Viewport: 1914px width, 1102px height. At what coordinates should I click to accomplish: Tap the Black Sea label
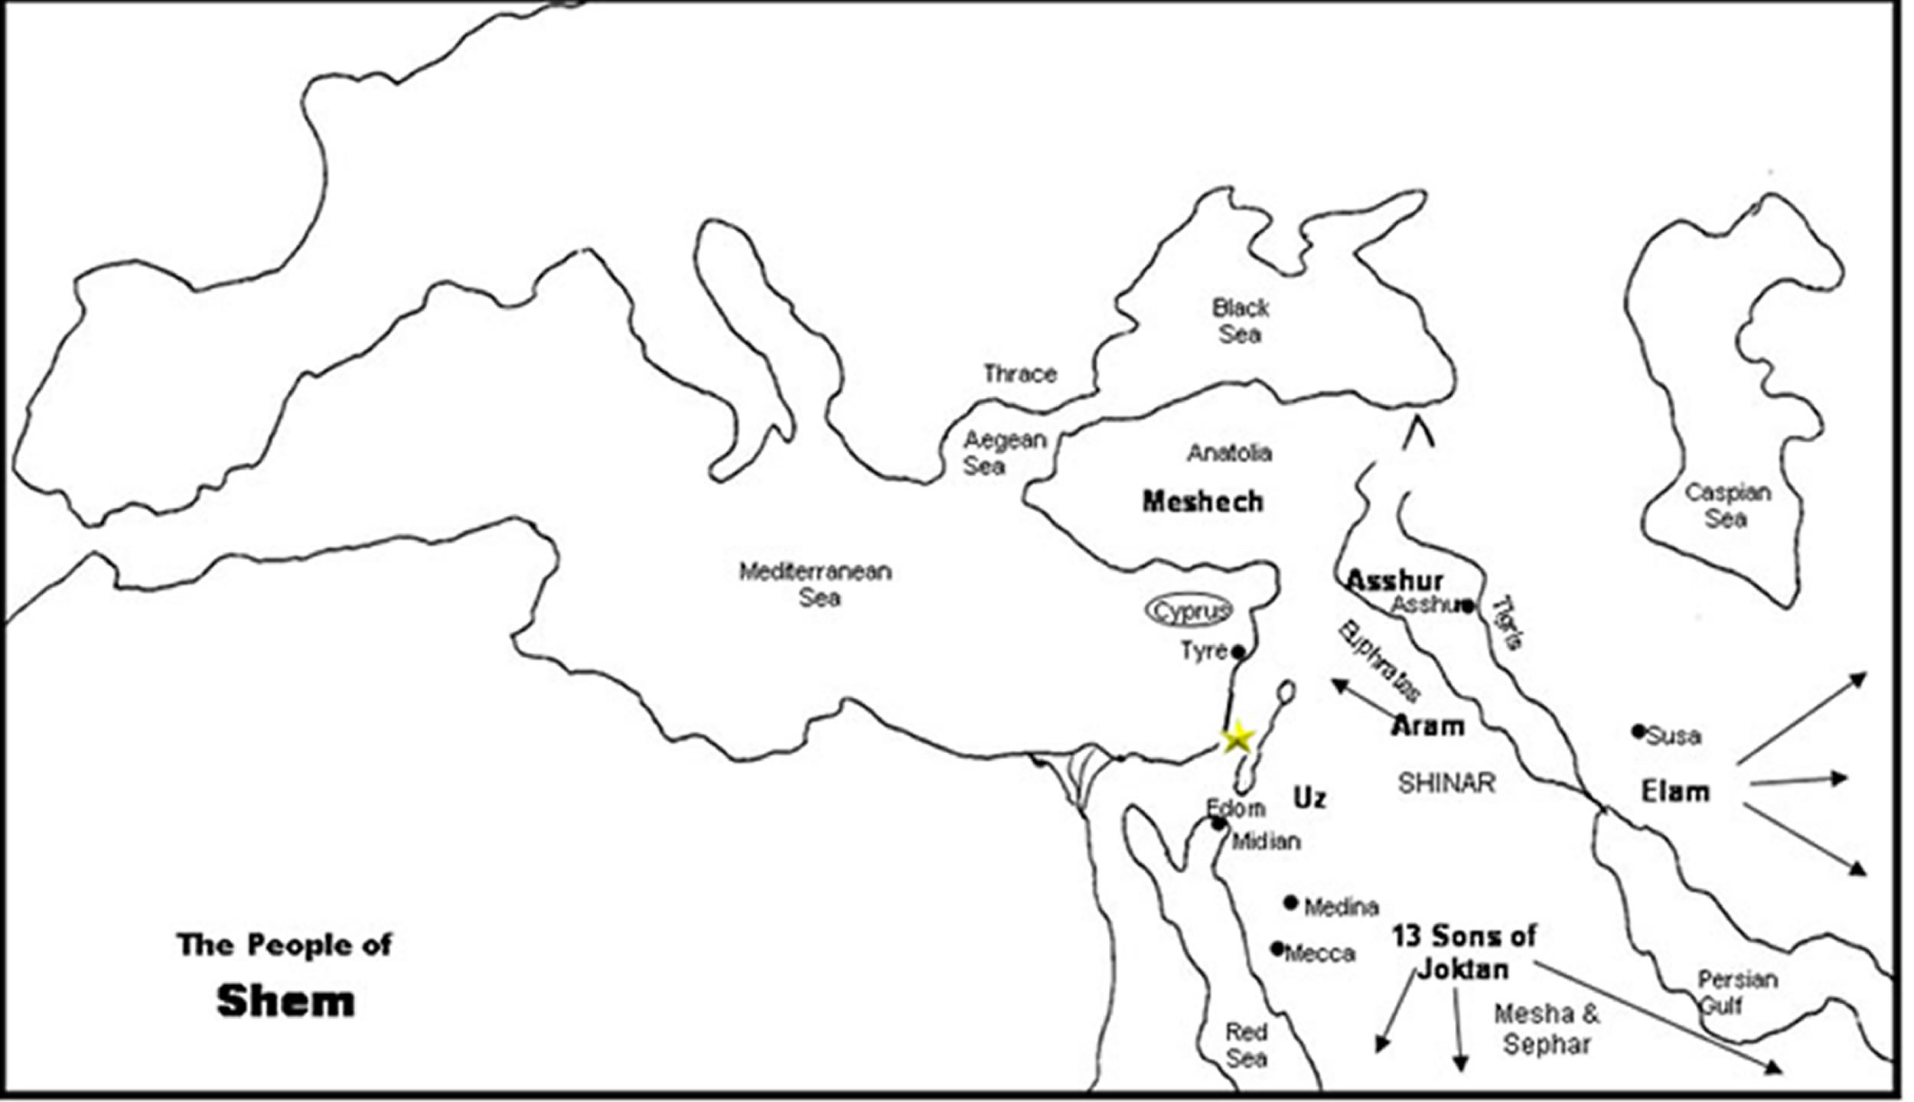pyautogui.click(x=1241, y=321)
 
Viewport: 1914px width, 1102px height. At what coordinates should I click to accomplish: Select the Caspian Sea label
pyautogui.click(x=1727, y=505)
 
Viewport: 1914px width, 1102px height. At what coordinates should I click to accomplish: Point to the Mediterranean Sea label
pyautogui.click(x=816, y=584)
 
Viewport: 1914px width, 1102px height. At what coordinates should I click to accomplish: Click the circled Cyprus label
pyautogui.click(x=1189, y=611)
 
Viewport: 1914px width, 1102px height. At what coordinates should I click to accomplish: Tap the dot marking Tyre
pyautogui.click(x=1237, y=652)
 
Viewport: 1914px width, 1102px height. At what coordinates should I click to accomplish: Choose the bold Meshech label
pyautogui.click(x=1202, y=502)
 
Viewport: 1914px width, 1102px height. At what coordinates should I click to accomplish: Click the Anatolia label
pyautogui.click(x=1229, y=453)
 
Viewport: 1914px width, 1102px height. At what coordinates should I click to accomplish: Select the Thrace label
pyautogui.click(x=1019, y=373)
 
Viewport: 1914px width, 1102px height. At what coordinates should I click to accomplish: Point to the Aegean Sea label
pyautogui.click(x=1003, y=452)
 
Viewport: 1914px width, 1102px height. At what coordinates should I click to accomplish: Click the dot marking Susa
pyautogui.click(x=1638, y=732)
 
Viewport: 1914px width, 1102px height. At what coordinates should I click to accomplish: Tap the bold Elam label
pyautogui.click(x=1675, y=791)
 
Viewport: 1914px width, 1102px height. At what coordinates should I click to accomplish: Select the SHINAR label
pyautogui.click(x=1446, y=783)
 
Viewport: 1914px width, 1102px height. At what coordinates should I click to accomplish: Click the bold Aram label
pyautogui.click(x=1427, y=725)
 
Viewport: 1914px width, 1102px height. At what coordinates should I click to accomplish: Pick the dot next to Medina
pyautogui.click(x=1291, y=903)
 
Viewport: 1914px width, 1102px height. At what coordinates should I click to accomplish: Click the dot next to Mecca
pyautogui.click(x=1277, y=949)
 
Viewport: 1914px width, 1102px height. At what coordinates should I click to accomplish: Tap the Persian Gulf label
pyautogui.click(x=1736, y=992)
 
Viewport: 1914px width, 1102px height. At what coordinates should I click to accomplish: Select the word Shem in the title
pyautogui.click(x=285, y=1001)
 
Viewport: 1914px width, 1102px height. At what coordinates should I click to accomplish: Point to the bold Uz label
pyautogui.click(x=1309, y=798)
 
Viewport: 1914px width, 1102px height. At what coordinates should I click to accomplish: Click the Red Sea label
pyautogui.click(x=1246, y=1045)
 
